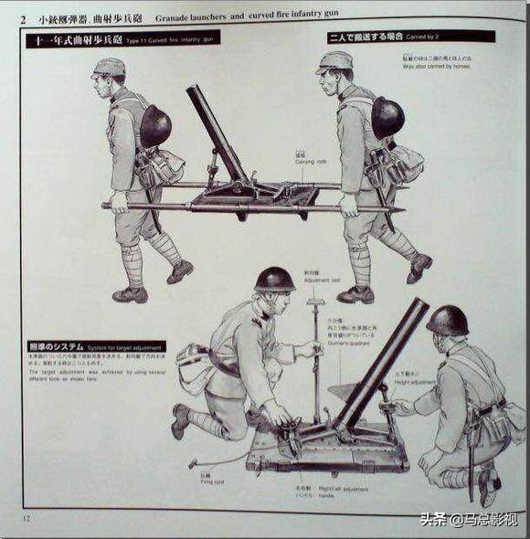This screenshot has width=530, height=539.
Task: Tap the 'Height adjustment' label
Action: pos(416,383)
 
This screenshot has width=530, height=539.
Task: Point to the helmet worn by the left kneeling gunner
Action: pos(274,279)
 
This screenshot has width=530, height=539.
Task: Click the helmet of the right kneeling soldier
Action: pos(448,320)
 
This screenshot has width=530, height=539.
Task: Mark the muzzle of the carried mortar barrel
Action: pos(194,91)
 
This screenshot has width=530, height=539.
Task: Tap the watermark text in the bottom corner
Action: pos(468,519)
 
